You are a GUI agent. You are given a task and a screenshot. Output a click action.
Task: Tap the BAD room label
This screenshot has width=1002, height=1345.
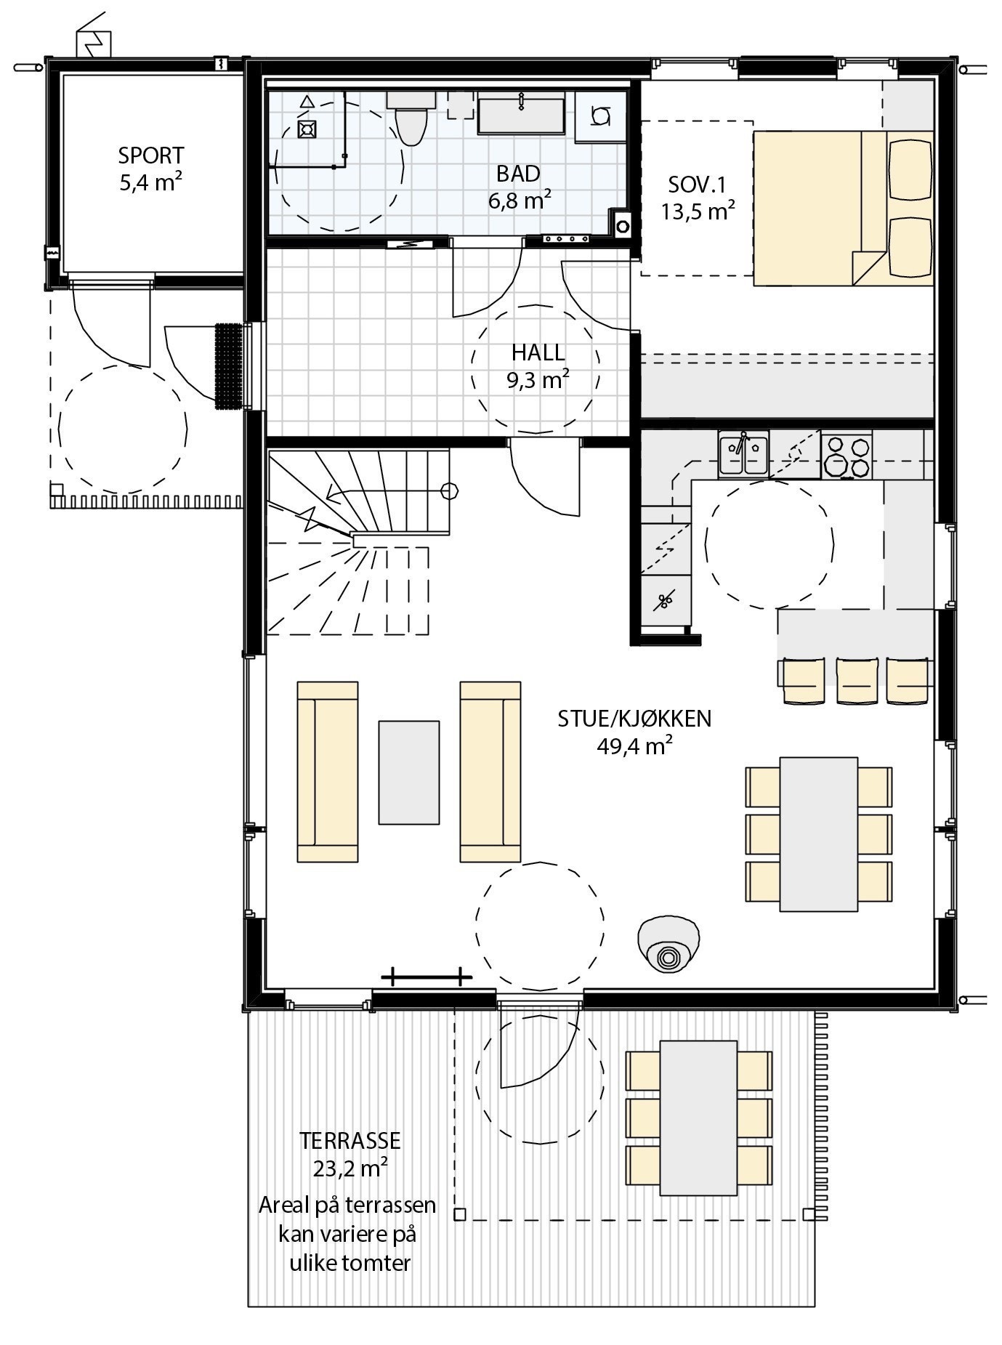(x=519, y=174)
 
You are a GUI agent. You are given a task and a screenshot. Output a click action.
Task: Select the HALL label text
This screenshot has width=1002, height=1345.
(x=538, y=352)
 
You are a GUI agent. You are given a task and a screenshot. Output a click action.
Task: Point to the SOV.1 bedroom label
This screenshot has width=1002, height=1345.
(x=698, y=184)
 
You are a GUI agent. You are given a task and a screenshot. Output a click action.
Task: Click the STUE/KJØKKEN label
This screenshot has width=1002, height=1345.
(x=634, y=719)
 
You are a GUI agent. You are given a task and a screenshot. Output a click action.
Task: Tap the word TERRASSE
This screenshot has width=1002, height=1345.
(x=350, y=1140)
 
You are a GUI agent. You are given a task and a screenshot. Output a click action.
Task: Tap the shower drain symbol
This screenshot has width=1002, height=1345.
(x=309, y=129)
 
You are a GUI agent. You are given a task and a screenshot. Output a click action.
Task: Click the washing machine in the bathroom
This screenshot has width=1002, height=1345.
(x=600, y=116)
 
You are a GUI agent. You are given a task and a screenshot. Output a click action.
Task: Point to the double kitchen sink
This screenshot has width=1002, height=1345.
(x=743, y=455)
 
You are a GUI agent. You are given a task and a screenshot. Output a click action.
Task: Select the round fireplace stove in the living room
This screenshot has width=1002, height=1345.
(x=669, y=945)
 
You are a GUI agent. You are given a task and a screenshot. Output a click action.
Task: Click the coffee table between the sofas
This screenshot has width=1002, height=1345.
(x=408, y=772)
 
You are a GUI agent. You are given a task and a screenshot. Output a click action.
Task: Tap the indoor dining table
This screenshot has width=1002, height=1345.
(x=819, y=834)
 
